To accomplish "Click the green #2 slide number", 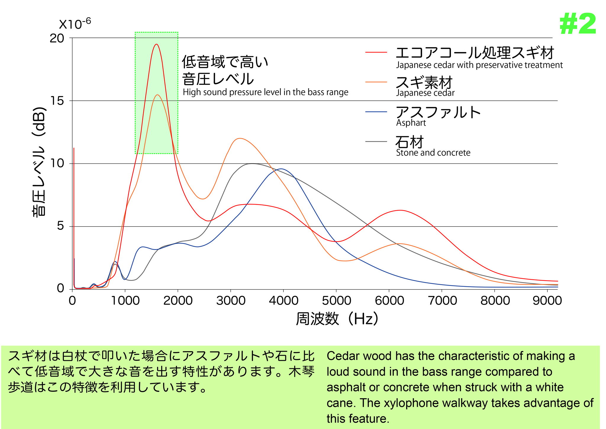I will coord(578,24).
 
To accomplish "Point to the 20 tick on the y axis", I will coord(57,38).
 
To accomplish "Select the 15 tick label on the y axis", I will coord(57,101).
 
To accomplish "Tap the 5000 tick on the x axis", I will coord(336,300).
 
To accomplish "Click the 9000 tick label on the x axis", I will coord(547,300).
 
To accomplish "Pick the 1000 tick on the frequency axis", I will coord(125,300).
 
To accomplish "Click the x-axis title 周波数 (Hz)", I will coord(337,319).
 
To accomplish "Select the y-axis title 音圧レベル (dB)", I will coord(39,162).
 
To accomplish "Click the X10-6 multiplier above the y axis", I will coord(75,24).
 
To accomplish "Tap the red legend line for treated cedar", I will coord(376,52).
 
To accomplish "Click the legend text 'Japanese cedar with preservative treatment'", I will coord(479,65).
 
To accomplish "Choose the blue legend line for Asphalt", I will coord(376,112).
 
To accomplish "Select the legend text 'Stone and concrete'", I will coord(433,153).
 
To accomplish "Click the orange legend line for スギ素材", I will coord(376,82).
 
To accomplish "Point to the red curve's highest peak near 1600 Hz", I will coord(156,44).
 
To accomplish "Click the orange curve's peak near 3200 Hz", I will coord(240,138).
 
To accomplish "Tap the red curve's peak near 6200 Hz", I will coord(400,210).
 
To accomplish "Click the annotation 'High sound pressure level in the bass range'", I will coord(265,92).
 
